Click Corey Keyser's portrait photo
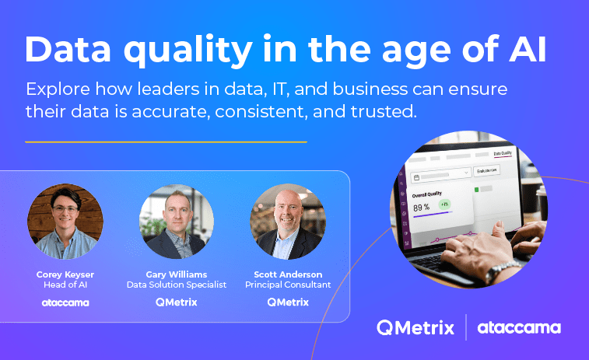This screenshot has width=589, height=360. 65,222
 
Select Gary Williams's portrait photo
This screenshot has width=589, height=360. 177,222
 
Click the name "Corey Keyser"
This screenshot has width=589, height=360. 65,274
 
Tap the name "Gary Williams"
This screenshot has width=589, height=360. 177,274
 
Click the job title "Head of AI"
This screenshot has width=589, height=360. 65,285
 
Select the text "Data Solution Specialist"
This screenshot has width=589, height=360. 177,285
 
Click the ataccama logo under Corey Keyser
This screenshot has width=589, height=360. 65,302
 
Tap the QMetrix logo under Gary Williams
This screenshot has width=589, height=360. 177,302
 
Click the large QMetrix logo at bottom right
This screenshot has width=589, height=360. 415,327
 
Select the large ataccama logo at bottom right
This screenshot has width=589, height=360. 519,327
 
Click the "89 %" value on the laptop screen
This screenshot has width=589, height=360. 421,208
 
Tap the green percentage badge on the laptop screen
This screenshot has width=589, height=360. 444,204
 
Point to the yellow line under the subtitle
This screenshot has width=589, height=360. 166,142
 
